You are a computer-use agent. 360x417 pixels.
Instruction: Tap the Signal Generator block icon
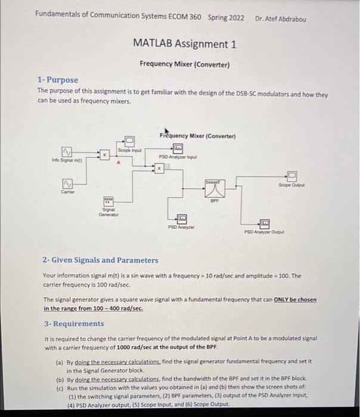pos(109,201)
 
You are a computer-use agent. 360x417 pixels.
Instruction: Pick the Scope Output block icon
pos(291,175)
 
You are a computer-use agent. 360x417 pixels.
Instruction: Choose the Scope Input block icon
pos(129,141)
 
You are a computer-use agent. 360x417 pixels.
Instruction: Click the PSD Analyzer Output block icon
pos(263,223)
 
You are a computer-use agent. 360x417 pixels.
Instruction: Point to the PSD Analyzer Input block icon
pos(178,148)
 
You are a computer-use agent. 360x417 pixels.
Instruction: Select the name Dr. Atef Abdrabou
pos(280,18)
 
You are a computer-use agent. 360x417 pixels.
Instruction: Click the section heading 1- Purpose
pos(57,80)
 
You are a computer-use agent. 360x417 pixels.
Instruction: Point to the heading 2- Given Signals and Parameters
pos(101,260)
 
